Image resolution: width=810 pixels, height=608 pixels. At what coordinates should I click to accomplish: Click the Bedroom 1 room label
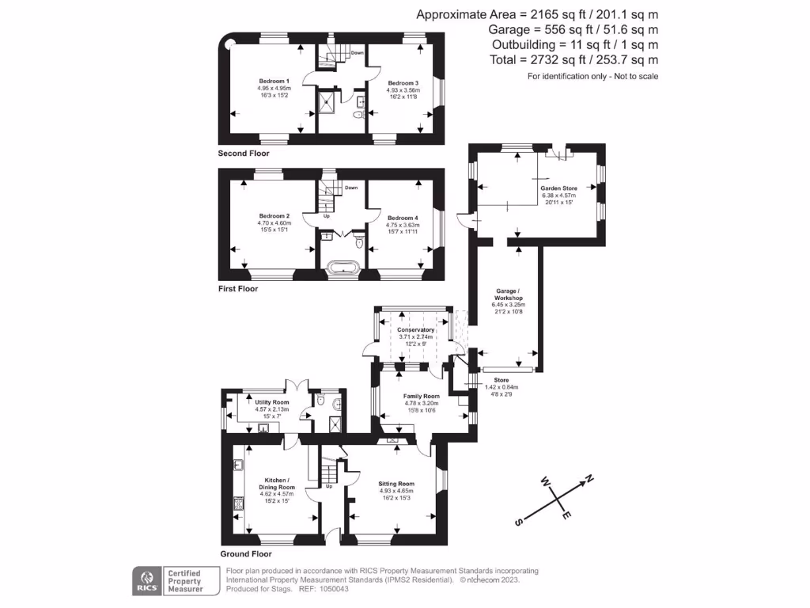click(x=274, y=82)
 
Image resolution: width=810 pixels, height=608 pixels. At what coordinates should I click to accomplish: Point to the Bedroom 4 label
click(x=401, y=218)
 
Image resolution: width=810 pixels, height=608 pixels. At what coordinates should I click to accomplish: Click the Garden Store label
click(x=559, y=188)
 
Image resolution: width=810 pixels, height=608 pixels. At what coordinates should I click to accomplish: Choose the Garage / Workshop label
click(x=507, y=294)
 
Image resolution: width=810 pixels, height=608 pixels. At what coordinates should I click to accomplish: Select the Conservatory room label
click(x=416, y=329)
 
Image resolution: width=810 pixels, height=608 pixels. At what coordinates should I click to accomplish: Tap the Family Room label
click(x=421, y=396)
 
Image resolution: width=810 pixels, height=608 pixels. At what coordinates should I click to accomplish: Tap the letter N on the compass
click(x=588, y=478)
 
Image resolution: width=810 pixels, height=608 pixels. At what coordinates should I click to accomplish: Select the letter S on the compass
click(x=519, y=522)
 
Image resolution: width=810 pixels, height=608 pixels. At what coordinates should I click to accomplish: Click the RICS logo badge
click(x=146, y=581)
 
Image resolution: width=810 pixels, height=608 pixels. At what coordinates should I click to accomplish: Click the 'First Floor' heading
click(x=238, y=289)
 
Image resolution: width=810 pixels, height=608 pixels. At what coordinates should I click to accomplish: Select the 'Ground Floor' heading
click(x=245, y=554)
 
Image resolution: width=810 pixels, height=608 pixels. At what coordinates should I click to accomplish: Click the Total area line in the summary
click(x=537, y=59)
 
